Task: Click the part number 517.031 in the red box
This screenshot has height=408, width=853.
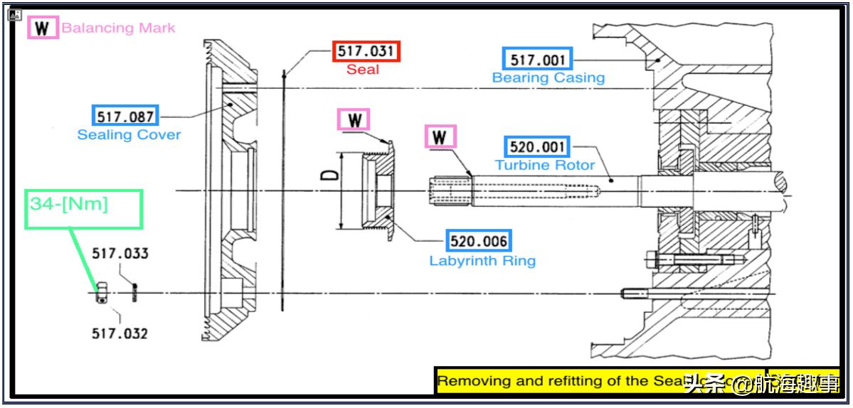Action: (x=366, y=52)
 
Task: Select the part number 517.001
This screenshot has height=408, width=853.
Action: (x=536, y=59)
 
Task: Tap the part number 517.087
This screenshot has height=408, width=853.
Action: (x=125, y=115)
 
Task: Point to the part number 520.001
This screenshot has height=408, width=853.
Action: (x=538, y=147)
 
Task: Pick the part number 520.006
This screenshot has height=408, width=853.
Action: (x=479, y=241)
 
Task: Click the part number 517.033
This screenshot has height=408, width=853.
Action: (x=120, y=254)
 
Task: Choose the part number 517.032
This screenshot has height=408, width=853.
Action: (x=120, y=333)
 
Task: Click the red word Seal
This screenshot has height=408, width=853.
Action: (x=363, y=70)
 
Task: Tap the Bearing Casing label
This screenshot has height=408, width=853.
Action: (x=548, y=77)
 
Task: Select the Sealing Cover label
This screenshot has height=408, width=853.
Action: (x=129, y=134)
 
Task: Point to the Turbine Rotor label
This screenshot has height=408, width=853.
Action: (x=545, y=165)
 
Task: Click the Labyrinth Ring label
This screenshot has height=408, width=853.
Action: (x=482, y=260)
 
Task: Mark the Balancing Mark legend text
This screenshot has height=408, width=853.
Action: (x=118, y=28)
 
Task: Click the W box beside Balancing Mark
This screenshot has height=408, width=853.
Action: (x=43, y=28)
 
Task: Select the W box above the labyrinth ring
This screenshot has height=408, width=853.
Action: (x=354, y=119)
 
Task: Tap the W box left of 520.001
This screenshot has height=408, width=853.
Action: (x=442, y=136)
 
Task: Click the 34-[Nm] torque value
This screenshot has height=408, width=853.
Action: (x=69, y=204)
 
